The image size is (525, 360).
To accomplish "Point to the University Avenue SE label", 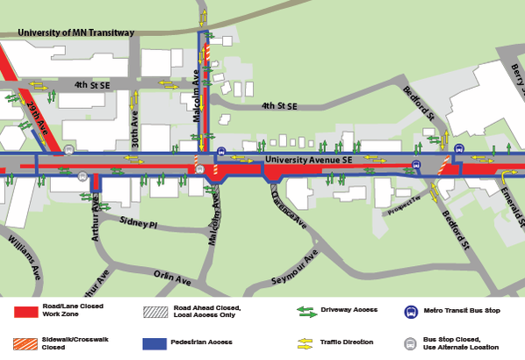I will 308,160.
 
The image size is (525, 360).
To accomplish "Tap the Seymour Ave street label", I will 293,267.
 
